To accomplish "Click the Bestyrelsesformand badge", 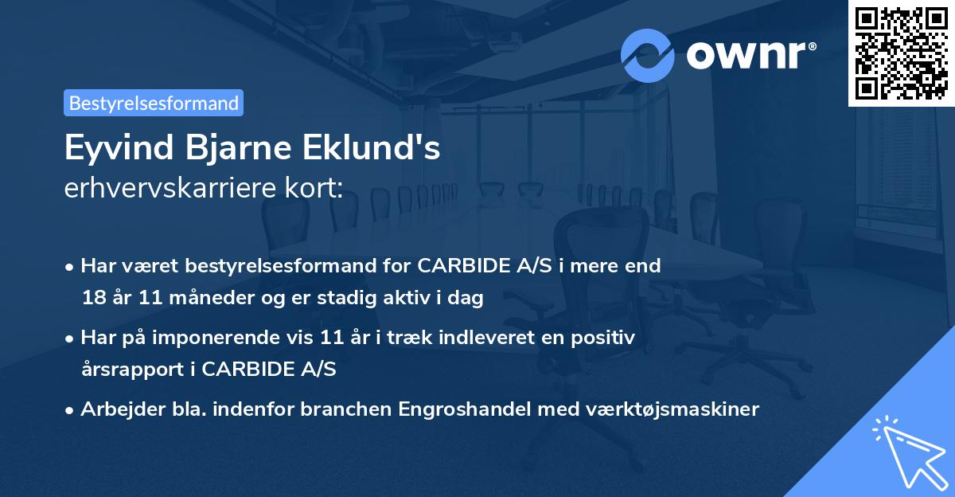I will [154, 103].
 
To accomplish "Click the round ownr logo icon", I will [648, 56].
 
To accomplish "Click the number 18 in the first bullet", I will [92, 299].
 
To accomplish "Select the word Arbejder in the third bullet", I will [115, 409].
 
